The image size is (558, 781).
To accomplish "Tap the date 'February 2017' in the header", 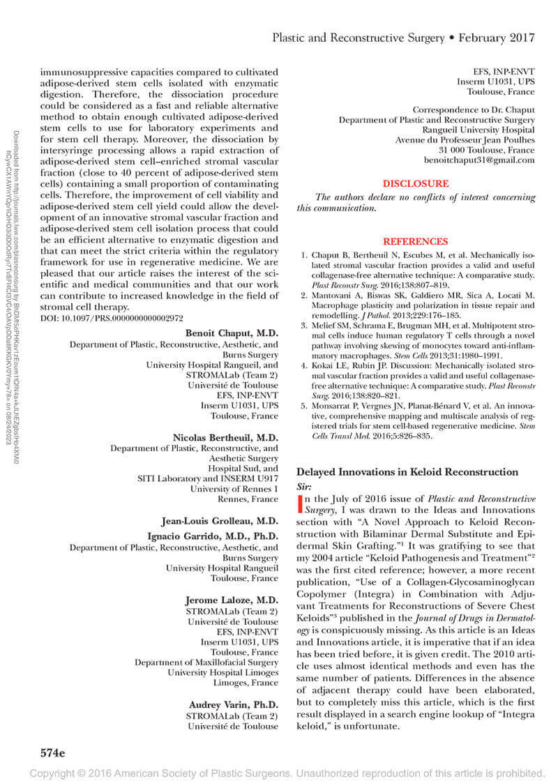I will pos(496,37).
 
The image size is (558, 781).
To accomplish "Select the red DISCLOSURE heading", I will pos(416,183).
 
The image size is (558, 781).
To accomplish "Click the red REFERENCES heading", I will pos(416,241).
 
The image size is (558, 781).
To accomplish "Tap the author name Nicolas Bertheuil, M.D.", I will pos(225,437).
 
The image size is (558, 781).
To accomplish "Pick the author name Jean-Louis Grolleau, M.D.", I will pos(222,520).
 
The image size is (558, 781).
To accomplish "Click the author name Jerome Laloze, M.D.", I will pos(232,600).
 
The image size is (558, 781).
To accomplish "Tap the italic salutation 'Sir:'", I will pos(305,485).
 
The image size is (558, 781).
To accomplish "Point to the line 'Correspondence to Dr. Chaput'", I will pos(474,109).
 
